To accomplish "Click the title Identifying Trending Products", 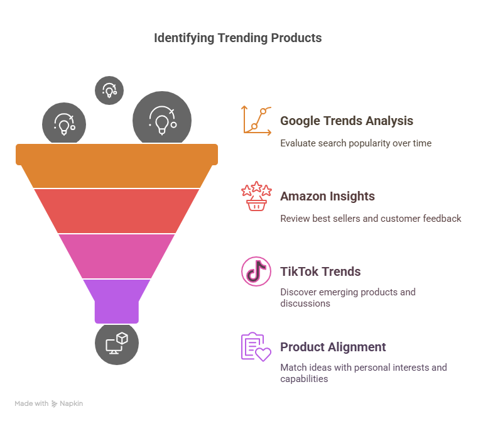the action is (x=238, y=38).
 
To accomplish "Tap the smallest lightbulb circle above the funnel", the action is (x=109, y=90).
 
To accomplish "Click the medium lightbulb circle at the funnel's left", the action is (x=64, y=123).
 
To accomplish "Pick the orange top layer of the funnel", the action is (x=117, y=165).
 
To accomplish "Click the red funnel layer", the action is (x=117, y=210).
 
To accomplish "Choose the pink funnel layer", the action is (x=117, y=256).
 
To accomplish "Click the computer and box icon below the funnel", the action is (x=117, y=344).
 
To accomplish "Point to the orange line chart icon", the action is (x=256, y=121).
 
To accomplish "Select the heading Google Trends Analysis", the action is (x=347, y=121).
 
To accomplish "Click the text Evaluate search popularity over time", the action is (x=355, y=143).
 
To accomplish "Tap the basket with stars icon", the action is (x=256, y=196).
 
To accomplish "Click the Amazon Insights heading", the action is (x=327, y=196).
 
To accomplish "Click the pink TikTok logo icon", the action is (x=256, y=271).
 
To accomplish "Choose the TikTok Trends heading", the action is (x=320, y=272).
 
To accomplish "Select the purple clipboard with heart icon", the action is (x=256, y=347).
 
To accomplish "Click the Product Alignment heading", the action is (x=333, y=347).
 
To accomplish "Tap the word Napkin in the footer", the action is (x=71, y=403).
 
